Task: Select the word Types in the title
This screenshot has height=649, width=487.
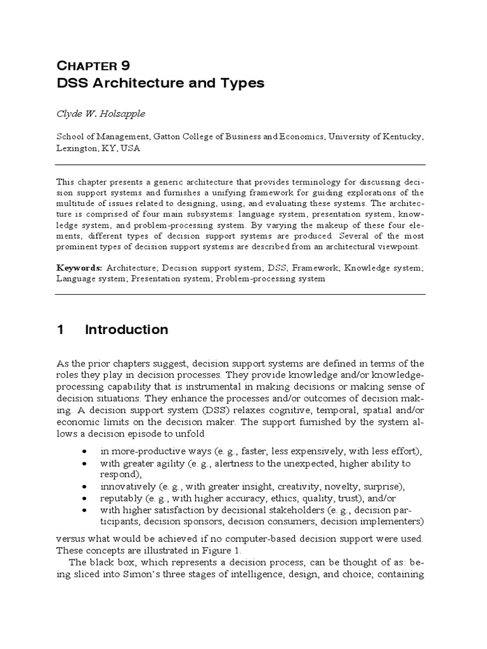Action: click(x=241, y=83)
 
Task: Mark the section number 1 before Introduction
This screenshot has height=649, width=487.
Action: click(x=61, y=330)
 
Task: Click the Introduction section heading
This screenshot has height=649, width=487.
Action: click(x=127, y=330)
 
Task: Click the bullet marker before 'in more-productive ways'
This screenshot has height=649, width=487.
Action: click(x=84, y=451)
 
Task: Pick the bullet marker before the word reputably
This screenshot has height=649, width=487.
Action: click(x=84, y=498)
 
